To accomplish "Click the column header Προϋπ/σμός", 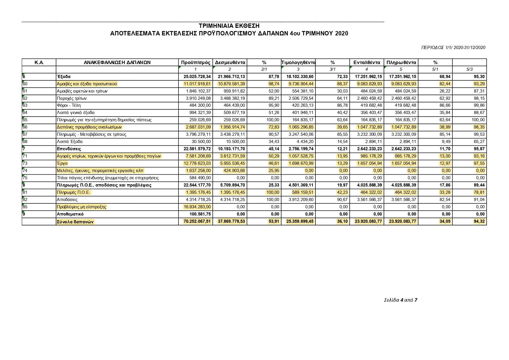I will [195, 62].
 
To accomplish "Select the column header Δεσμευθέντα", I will [230, 62].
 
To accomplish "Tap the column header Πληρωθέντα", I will [401, 62].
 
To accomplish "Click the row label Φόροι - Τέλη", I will [69, 105].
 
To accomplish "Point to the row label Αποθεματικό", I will [70, 214].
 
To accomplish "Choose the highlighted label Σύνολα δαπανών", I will [75, 222].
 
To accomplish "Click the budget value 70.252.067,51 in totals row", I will [197, 222].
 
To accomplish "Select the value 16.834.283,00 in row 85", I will [197, 207].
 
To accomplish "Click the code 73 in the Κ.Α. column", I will [25, 163].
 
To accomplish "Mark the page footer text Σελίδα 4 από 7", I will [400, 300].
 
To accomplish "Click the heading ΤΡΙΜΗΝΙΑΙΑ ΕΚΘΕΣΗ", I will [229, 26].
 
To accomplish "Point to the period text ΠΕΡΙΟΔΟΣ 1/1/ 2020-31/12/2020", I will [453, 48].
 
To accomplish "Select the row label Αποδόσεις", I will [67, 200].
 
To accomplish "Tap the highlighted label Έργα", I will [62, 163].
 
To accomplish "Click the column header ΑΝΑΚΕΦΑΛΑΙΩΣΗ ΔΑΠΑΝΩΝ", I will [117, 62].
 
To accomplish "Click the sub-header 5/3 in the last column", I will [470, 69].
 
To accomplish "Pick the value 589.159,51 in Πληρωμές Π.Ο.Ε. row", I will [303, 192].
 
